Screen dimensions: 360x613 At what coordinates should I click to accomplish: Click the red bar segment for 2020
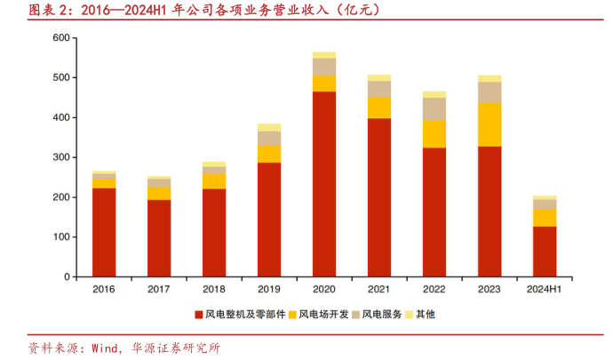(324, 184)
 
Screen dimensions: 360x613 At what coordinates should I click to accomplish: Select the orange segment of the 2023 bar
(490, 124)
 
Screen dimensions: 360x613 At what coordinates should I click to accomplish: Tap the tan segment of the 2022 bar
(434, 108)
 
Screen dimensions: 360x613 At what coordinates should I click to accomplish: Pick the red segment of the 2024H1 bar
(545, 252)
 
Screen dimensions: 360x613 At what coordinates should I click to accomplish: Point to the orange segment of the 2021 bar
(379, 108)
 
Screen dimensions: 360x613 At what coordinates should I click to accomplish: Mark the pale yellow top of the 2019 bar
(269, 127)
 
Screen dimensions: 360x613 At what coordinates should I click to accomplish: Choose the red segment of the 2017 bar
(159, 238)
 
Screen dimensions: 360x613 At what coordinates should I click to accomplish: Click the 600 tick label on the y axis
(61, 38)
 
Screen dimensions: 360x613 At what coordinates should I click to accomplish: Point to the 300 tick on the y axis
(61, 157)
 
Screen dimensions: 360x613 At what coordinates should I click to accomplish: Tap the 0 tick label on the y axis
(67, 276)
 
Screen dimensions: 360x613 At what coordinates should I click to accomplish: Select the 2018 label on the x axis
(214, 290)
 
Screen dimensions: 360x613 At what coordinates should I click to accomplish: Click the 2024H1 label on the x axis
(545, 290)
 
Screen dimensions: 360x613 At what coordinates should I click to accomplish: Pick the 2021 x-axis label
(379, 290)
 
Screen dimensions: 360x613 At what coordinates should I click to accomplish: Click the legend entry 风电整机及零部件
(245, 314)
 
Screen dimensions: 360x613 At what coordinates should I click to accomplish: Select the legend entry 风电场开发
(325, 314)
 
